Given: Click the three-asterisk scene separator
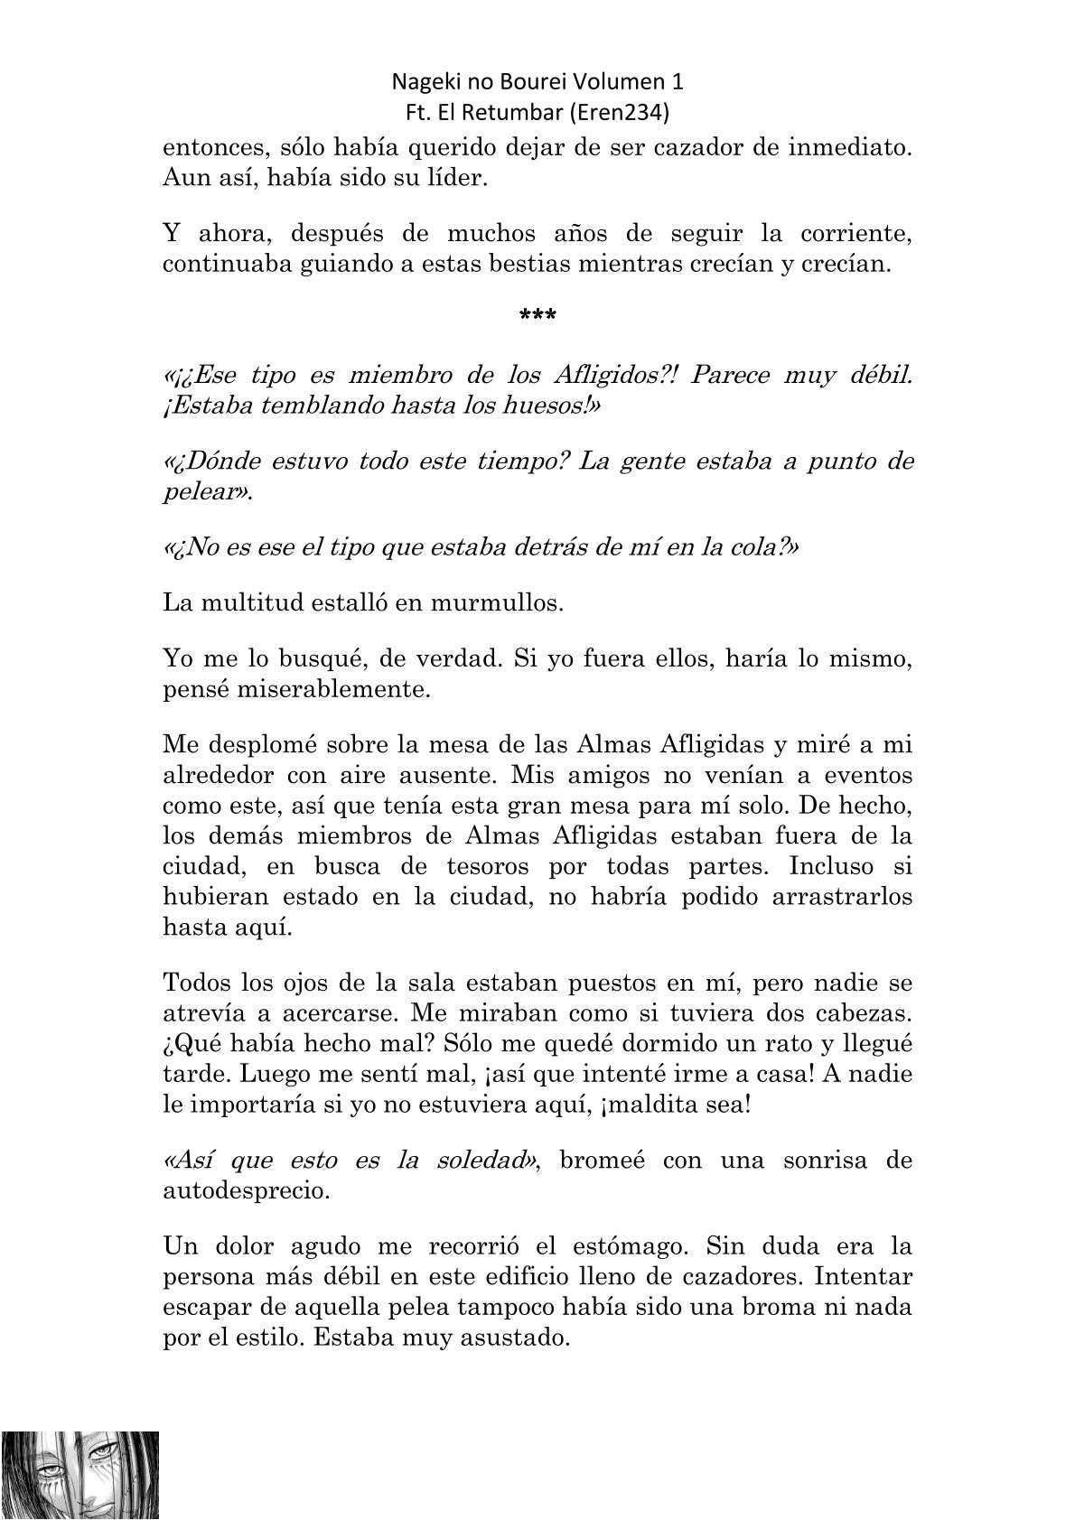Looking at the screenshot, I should [537, 316].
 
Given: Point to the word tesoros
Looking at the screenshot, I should [487, 867].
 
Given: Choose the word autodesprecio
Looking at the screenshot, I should [246, 1190].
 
